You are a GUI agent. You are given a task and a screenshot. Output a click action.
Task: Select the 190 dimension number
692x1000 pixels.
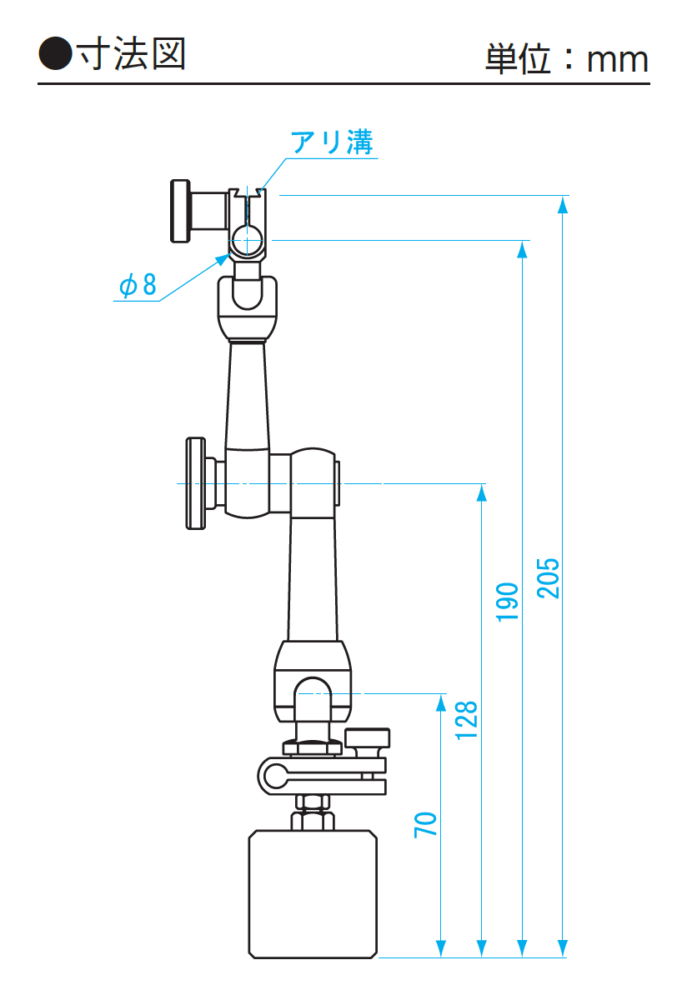click(507, 602)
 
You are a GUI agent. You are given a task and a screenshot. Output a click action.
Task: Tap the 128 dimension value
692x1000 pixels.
click(466, 721)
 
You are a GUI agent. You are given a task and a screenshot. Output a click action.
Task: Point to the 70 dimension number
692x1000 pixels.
click(425, 825)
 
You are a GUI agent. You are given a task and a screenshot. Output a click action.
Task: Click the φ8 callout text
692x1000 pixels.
click(138, 284)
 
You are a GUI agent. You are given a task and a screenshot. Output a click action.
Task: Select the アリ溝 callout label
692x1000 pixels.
click(332, 142)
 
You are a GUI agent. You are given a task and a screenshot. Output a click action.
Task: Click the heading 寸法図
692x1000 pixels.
click(131, 53)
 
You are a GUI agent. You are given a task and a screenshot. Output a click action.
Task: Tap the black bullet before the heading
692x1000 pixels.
click(55, 53)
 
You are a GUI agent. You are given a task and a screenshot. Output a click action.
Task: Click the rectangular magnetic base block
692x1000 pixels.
click(313, 894)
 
